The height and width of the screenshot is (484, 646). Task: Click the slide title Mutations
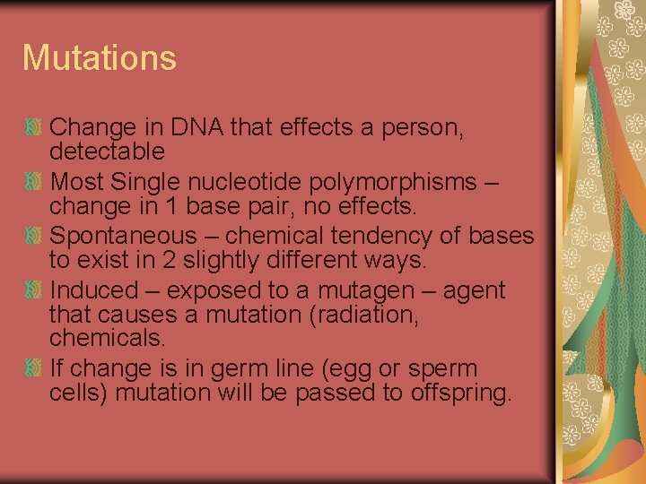point(100,58)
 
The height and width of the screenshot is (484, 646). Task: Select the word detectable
point(107,151)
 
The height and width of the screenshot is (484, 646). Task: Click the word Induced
point(94,291)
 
